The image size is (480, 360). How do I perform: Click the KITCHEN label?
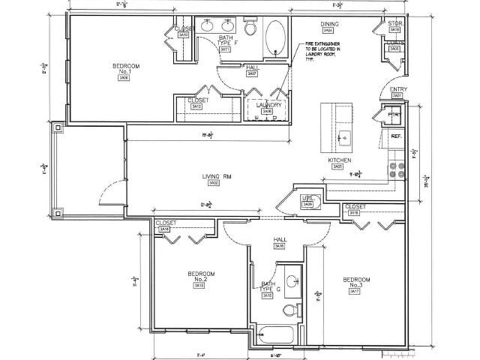340,160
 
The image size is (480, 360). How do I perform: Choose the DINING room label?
328,25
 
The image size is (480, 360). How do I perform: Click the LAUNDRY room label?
268,105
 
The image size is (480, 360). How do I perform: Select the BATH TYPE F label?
226,40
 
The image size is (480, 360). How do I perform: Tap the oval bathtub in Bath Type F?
275,37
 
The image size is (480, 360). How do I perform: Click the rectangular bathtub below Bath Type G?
277,336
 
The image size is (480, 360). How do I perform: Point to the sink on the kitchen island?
343,137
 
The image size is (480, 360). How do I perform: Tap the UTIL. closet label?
306,198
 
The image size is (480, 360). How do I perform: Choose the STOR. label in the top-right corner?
395,24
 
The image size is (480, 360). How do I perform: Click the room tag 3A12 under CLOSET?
197,106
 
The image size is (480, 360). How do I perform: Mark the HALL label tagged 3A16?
279,239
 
